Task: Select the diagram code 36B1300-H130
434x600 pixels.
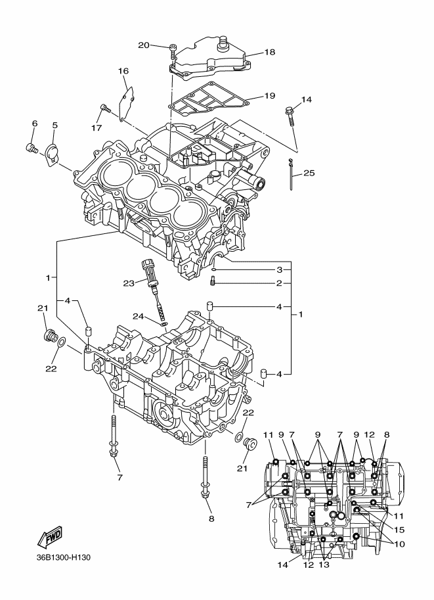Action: [x=64, y=557]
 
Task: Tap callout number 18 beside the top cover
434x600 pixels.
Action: [x=270, y=52]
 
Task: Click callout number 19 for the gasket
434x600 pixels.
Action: [x=270, y=95]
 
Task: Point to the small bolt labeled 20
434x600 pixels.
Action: [x=173, y=52]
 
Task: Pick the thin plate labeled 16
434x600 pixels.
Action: [x=127, y=103]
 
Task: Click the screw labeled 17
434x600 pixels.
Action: [x=105, y=108]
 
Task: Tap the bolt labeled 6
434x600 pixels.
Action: [x=31, y=147]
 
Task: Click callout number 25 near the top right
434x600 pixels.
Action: [x=309, y=173]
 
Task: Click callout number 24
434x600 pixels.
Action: [x=138, y=316]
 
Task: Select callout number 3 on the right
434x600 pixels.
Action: [x=280, y=270]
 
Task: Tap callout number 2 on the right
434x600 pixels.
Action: [x=280, y=283]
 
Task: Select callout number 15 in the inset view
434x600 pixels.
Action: [x=399, y=530]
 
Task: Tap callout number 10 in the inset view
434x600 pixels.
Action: [x=399, y=543]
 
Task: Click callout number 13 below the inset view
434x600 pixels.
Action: [x=324, y=565]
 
